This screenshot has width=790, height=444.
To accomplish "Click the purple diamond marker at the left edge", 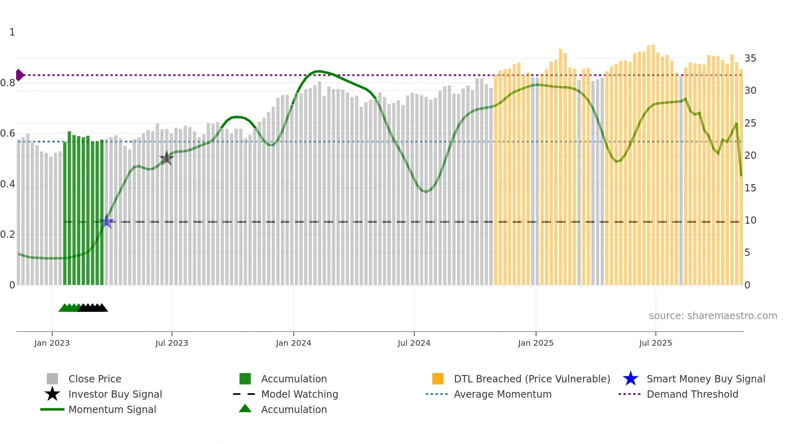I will coord(19,75).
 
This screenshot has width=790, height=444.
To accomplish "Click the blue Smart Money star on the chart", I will coord(106,221).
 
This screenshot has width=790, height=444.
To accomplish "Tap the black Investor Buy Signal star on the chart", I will coord(166,158).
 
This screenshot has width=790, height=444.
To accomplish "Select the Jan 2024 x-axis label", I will coord(293,343).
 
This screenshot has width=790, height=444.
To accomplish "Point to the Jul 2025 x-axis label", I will coord(655,343).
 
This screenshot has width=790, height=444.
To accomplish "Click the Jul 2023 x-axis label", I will coord(172,343).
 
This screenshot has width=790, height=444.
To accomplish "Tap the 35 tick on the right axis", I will coord(750,58).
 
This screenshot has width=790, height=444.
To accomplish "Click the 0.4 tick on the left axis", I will coord(8,184).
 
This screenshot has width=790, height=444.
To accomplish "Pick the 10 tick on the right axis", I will coord(750,220).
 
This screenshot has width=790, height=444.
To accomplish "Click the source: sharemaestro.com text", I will coord(713,315).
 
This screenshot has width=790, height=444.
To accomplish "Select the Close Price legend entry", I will coord(95,379).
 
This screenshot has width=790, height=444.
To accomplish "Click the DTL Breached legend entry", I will coord(532,379).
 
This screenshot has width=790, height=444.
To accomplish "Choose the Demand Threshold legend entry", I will coord(692,394).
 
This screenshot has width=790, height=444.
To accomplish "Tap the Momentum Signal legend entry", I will coord(112,409).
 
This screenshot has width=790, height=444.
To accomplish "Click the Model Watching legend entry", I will coord(299,394).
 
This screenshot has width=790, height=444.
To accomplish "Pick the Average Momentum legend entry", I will coord(502,394).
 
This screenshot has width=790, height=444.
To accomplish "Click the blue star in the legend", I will coord(630,379).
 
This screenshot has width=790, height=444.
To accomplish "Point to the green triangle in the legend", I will coord(245,409).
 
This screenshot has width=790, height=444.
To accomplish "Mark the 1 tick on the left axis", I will coord(12,32).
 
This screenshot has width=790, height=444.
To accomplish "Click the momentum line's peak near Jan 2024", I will coord(318,71).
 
